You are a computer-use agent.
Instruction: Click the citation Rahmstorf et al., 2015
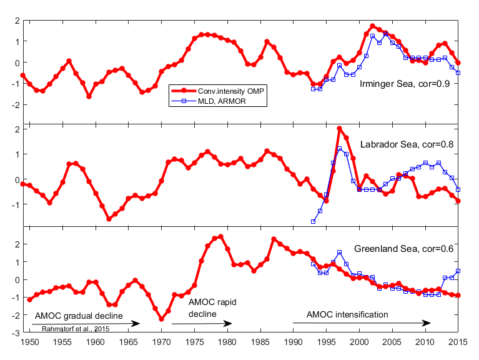[80, 328]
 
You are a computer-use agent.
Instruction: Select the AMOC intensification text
[348, 314]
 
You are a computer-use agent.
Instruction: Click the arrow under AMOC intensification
[362, 323]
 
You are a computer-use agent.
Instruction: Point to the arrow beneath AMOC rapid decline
[202, 323]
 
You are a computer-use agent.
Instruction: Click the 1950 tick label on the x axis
[29, 342]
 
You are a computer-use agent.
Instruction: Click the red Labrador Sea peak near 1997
[340, 129]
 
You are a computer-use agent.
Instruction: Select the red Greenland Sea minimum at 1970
[162, 319]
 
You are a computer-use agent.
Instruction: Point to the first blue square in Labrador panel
[313, 221]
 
